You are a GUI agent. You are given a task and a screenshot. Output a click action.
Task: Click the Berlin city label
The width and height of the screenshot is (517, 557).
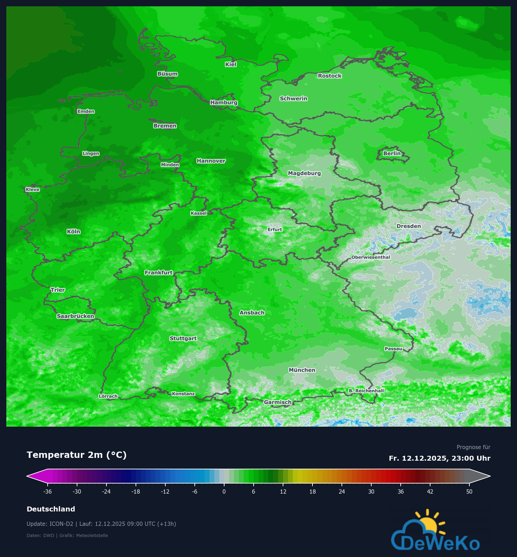392,153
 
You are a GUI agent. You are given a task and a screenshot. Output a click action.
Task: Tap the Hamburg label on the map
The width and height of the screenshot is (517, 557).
224,103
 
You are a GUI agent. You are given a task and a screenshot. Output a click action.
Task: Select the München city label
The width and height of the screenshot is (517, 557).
302,370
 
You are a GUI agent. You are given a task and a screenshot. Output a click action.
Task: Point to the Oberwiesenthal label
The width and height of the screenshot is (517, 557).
371,257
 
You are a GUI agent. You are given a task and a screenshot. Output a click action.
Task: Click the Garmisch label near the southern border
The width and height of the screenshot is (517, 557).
277,402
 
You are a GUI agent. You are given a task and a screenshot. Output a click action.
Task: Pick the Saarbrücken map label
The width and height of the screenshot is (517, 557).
75,316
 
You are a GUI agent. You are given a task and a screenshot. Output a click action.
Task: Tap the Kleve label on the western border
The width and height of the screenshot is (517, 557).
33,190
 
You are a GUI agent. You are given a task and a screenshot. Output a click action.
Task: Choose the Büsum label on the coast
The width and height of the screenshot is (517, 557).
167,74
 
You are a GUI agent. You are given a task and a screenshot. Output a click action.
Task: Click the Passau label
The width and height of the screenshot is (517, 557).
393,349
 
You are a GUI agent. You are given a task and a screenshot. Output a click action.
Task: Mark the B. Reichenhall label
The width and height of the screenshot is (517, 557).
366,391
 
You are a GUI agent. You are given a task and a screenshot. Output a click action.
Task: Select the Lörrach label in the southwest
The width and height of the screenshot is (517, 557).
108,396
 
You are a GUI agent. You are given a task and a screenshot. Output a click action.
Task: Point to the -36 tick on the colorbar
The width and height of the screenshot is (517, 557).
47,491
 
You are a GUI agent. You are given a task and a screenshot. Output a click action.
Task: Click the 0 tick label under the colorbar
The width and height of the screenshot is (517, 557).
224,491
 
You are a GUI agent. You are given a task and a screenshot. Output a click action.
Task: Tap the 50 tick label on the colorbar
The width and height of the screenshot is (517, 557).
469,491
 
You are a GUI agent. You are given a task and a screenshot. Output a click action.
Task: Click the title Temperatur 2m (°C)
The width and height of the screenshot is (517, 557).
76,455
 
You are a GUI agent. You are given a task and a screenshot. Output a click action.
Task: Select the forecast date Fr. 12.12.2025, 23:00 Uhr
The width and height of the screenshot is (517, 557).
439,458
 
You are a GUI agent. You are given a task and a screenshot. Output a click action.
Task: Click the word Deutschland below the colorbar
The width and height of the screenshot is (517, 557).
51,509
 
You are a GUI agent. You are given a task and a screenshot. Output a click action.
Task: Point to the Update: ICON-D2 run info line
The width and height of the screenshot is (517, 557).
101,524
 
